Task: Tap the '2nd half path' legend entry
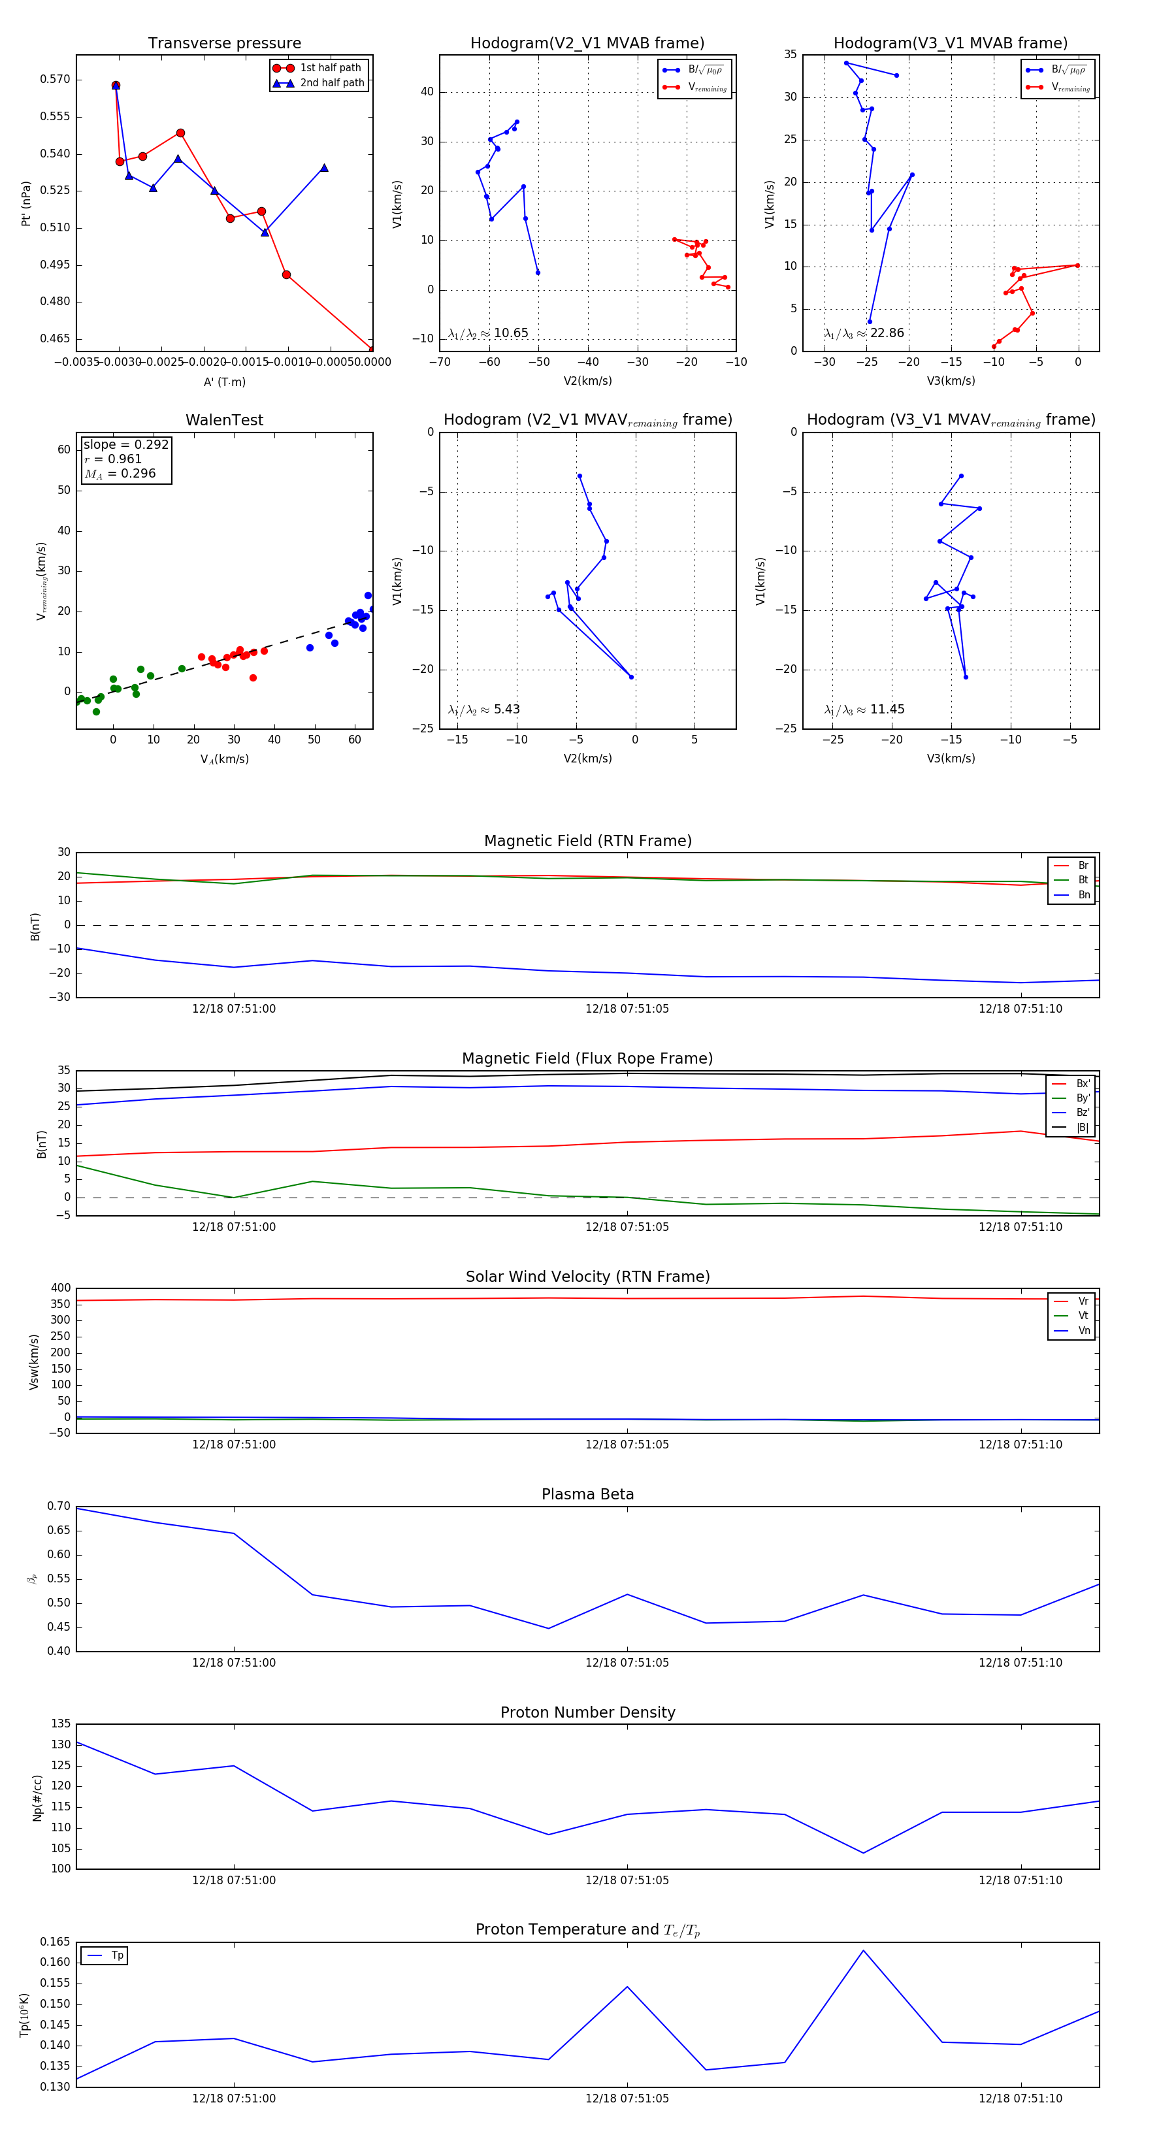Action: coord(331,83)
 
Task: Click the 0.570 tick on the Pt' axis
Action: coord(56,80)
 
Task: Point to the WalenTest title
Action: coord(224,420)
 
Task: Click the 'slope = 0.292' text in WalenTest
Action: coord(125,444)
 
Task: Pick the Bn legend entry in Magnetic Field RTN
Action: coord(1083,894)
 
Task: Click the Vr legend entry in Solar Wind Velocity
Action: coord(1083,1301)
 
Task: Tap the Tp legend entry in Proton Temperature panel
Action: coord(116,1955)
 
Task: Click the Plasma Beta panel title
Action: coord(587,1495)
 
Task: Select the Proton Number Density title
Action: coord(587,1712)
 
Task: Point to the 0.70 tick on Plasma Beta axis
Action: coord(59,1507)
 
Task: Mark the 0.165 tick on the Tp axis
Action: coord(56,1942)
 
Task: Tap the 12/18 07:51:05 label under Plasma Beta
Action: coord(627,1662)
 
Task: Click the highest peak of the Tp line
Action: coord(863,1951)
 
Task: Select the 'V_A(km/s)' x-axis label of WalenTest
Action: coord(224,759)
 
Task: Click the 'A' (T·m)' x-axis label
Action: coord(224,382)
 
